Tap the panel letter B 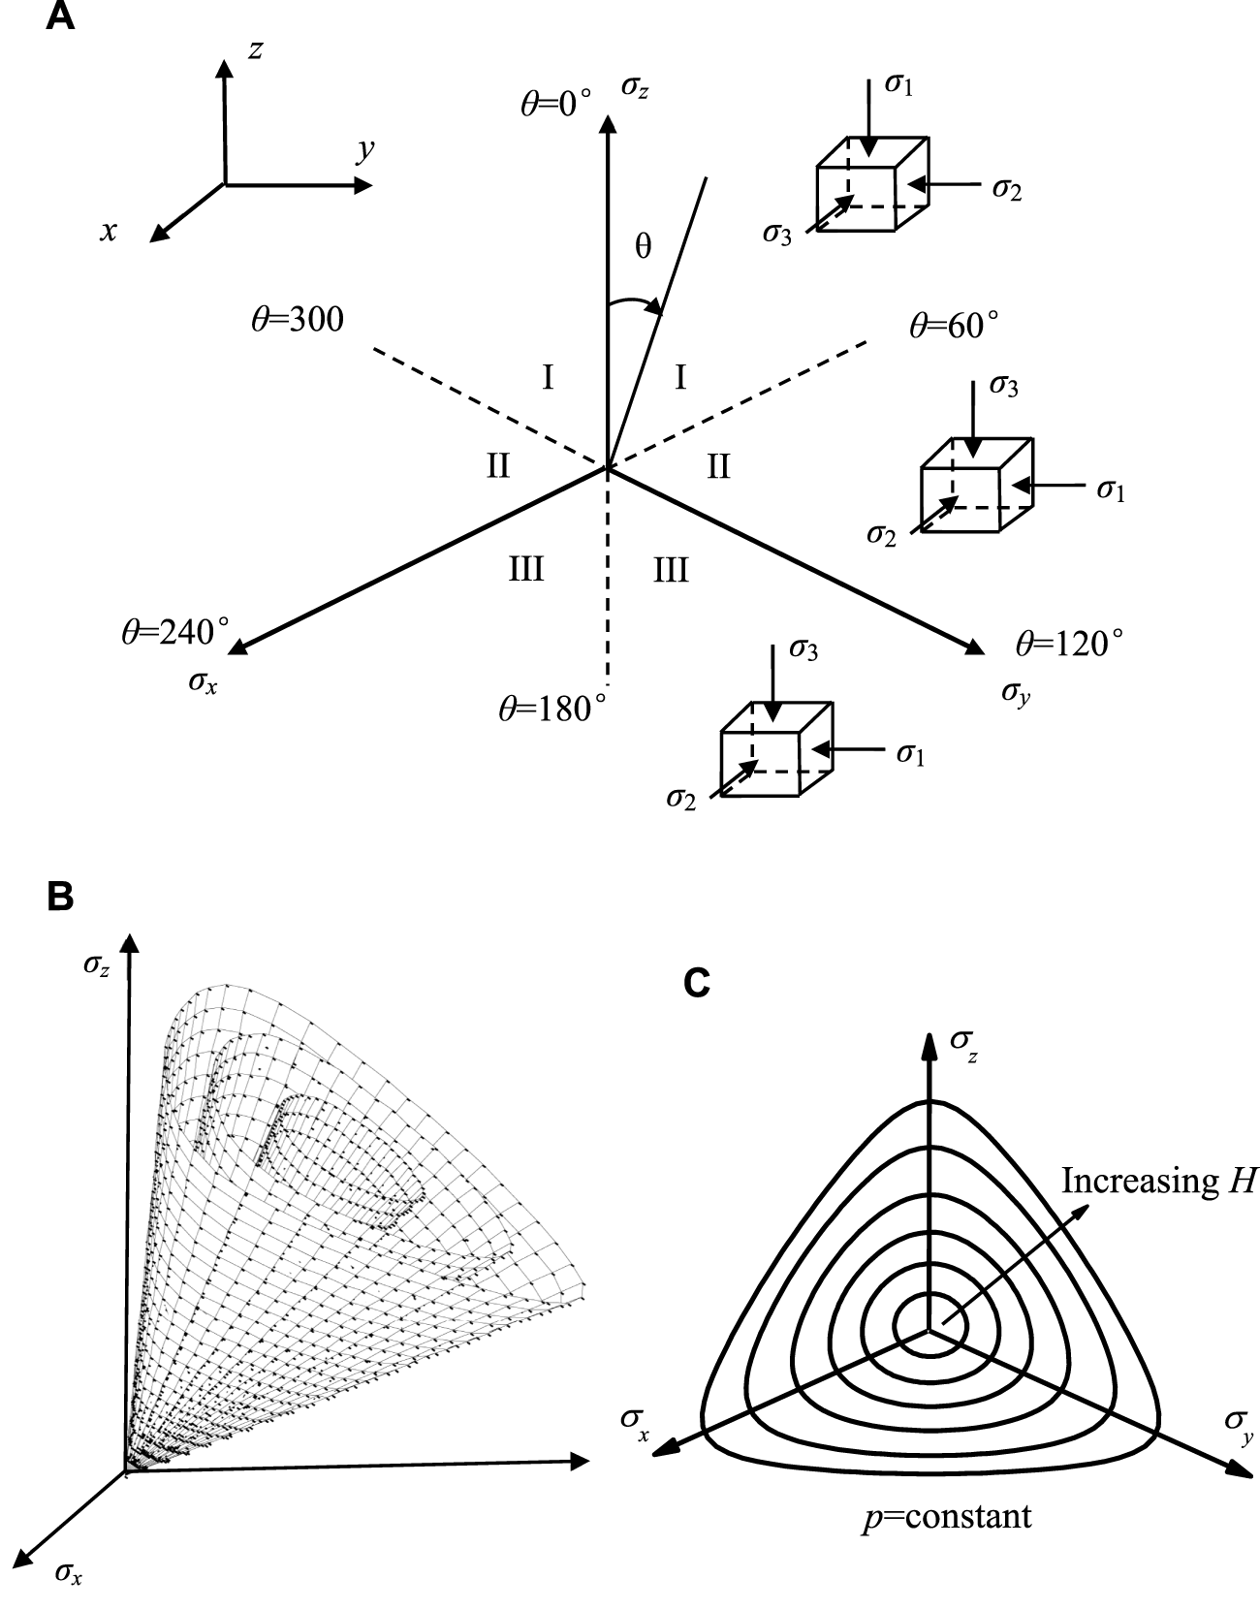(60, 897)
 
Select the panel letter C (697, 983)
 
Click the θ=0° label (555, 103)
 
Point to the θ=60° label (953, 325)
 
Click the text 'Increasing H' (1158, 1181)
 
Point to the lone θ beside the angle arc (643, 246)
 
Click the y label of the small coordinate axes (364, 151)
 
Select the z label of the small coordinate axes (255, 50)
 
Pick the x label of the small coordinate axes (110, 231)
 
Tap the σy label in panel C (1237, 1423)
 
